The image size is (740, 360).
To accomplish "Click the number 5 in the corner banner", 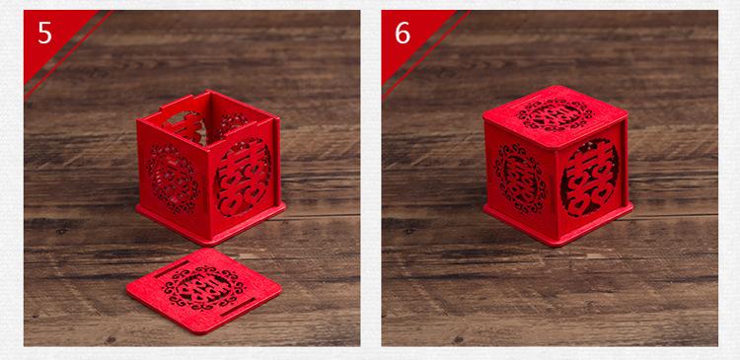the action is click(44, 33).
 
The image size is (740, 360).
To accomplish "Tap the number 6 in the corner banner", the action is click(403, 33).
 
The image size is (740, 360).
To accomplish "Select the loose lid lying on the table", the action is click(204, 290).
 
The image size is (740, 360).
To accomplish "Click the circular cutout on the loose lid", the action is click(204, 288).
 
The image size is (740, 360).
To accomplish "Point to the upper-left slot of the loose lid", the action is click(173, 269).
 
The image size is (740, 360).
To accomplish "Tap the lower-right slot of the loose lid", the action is click(239, 307).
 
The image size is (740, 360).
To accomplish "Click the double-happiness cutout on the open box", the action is click(244, 177).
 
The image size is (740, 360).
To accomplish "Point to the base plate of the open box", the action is click(211, 224).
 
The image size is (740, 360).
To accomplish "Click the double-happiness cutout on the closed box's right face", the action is click(589, 177).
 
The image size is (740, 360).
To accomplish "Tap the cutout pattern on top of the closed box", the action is click(555, 114).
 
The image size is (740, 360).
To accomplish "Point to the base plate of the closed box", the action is click(558, 225).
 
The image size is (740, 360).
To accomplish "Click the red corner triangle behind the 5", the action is click(53, 37).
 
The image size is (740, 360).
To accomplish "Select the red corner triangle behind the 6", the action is click(410, 37).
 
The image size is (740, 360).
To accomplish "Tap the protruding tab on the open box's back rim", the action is click(176, 102).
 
